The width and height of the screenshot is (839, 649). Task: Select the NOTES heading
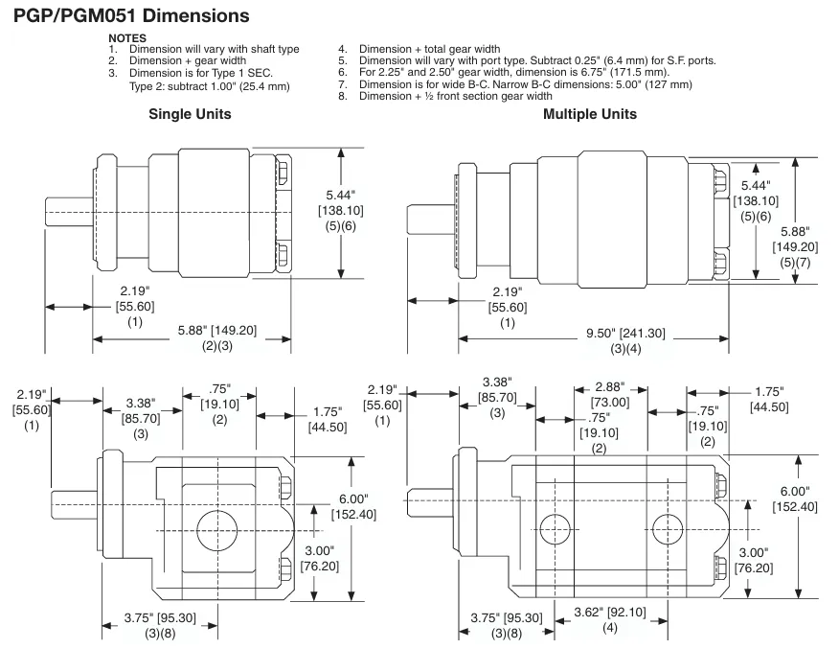127,38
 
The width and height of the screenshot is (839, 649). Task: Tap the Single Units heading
189,114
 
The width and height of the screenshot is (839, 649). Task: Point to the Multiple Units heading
589,114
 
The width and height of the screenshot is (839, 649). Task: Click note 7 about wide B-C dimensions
524,84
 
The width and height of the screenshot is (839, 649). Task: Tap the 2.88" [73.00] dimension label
610,395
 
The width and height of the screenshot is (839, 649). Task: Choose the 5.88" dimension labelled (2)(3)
202,335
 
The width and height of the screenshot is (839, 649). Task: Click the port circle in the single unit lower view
219,528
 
